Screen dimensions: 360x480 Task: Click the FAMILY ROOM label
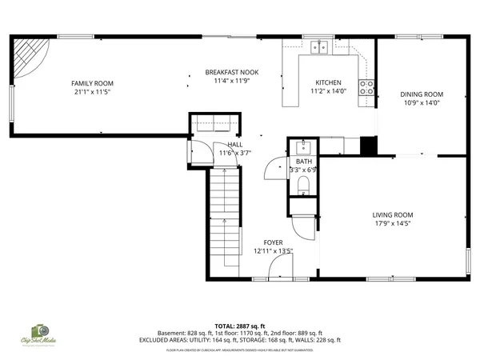(92, 83)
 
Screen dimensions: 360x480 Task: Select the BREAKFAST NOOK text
(231, 72)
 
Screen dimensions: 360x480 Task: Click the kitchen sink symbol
(320, 47)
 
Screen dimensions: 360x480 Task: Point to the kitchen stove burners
(366, 87)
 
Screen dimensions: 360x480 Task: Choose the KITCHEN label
(328, 83)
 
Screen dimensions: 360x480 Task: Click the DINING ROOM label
(421, 94)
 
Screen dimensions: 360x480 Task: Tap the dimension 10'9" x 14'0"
(421, 102)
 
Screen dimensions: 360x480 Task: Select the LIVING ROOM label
(392, 214)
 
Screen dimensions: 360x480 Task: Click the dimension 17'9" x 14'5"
(392, 223)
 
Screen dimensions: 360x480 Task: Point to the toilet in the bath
(302, 186)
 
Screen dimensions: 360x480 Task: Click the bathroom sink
(303, 147)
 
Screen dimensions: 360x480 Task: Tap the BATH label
(303, 162)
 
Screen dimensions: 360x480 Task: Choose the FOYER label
(274, 242)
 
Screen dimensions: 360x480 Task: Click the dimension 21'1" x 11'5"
(92, 91)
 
